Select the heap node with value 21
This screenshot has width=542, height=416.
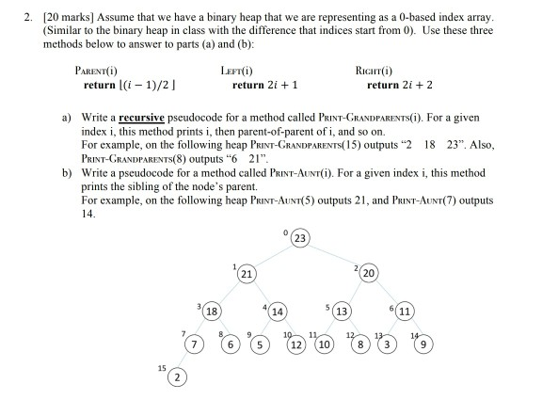(247, 275)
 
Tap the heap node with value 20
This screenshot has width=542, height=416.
(369, 275)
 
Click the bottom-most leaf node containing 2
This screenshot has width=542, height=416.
(175, 379)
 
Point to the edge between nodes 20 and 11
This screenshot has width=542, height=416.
(387, 293)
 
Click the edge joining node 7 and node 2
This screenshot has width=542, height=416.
(184, 362)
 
